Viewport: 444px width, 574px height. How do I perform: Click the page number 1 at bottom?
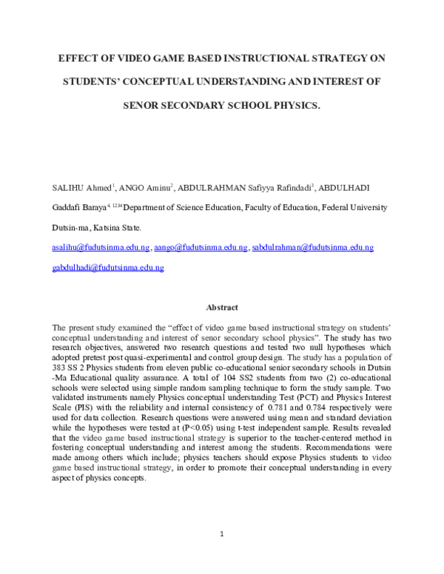click(222, 533)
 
